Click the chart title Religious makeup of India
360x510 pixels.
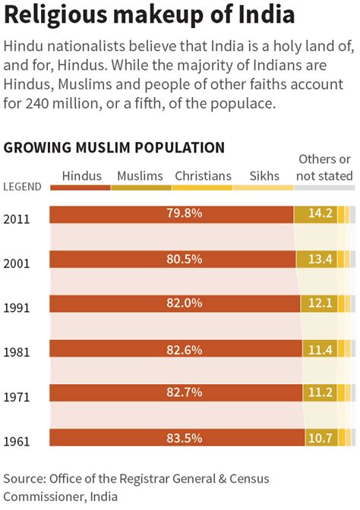150,17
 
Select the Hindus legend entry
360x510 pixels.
81,176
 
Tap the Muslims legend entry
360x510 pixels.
141,176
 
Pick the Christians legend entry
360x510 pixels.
203,176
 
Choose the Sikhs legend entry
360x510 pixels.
264,176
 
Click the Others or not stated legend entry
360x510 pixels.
324,168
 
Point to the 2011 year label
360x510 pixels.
17,219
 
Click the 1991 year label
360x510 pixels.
17,309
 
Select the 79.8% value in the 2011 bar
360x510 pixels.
185,214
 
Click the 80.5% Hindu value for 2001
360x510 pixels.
185,259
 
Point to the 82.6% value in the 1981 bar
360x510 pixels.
185,348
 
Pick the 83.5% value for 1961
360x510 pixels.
185,438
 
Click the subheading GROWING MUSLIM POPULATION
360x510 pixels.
114,147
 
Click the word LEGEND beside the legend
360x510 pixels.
22,187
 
